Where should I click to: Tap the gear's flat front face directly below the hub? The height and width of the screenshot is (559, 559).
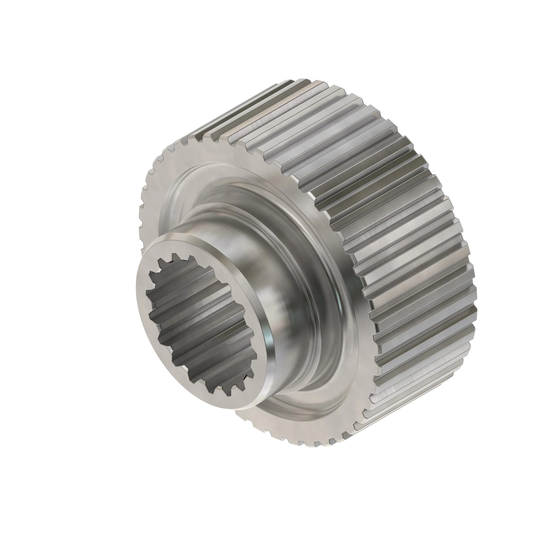pos(289,434)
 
